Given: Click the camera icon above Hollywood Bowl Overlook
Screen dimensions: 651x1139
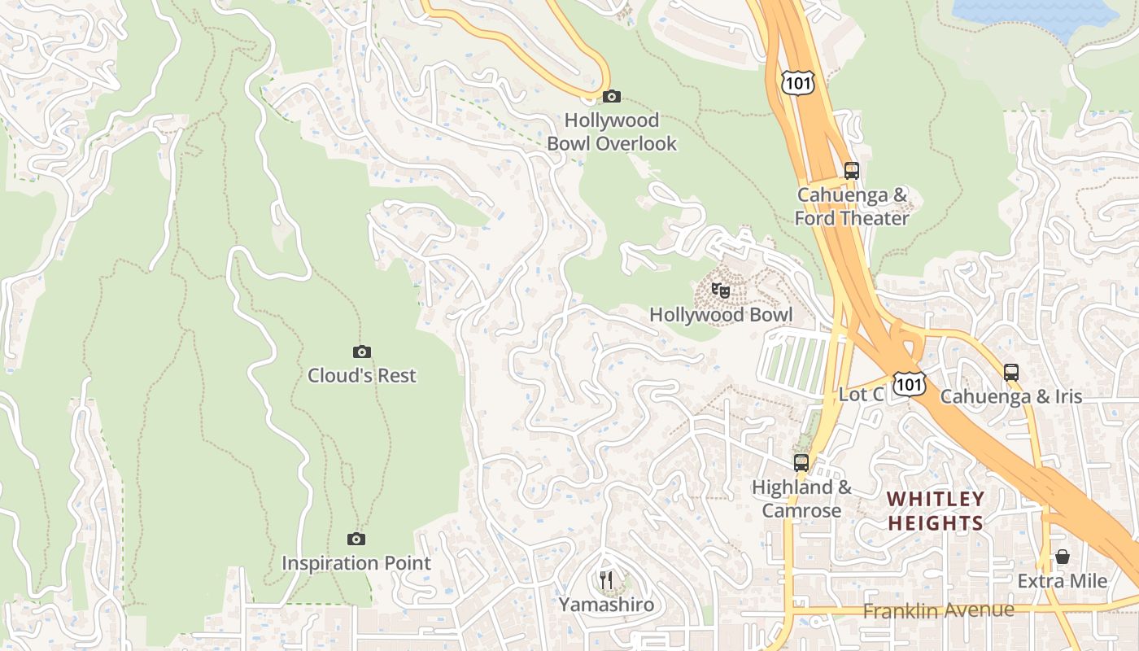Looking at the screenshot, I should [x=612, y=97].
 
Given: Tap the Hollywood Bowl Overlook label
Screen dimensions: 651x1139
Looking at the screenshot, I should [x=612, y=132].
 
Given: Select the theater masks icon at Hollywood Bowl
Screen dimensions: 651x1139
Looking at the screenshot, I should [x=720, y=290].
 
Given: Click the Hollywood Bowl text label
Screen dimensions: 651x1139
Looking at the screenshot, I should [x=720, y=315].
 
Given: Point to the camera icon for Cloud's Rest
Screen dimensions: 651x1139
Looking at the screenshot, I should [x=362, y=352].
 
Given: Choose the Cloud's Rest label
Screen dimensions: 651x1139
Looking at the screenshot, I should [x=362, y=376].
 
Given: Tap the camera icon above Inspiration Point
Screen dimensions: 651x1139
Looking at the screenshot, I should [x=356, y=539].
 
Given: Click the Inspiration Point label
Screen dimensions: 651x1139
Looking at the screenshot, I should [x=356, y=563].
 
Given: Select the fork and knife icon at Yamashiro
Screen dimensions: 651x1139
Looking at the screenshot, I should [x=606, y=580].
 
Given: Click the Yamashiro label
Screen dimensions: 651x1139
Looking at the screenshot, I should [x=606, y=605].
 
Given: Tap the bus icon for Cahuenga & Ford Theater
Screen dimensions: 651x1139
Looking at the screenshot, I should [x=852, y=171].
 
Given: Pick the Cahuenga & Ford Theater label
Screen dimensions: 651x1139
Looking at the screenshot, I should [x=852, y=207].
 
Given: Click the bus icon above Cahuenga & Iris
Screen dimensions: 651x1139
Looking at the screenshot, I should [x=1011, y=373].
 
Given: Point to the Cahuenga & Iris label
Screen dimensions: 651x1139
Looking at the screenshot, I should [x=1011, y=396].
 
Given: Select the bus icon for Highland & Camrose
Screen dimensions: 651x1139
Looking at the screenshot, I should [x=801, y=463].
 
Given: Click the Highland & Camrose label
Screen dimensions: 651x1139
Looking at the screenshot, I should [x=801, y=499].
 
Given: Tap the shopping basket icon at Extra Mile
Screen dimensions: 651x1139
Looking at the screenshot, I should [x=1063, y=557].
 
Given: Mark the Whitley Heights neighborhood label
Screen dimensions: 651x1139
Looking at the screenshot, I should [x=936, y=510].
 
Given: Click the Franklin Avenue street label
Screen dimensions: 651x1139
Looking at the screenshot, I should [x=939, y=610].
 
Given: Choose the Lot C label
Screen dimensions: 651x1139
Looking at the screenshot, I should [x=861, y=395].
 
